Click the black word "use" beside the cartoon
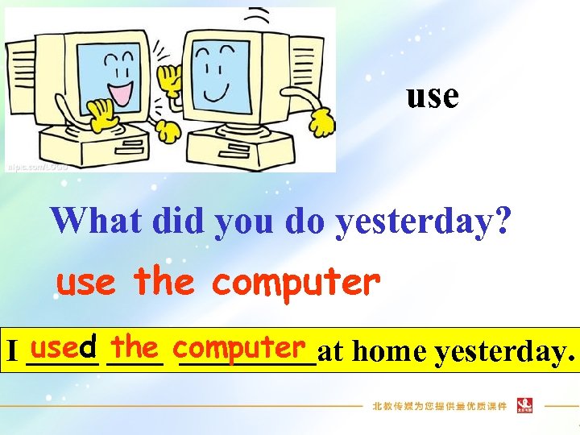click(433, 97)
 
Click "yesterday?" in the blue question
click(422, 221)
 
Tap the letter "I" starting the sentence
click(11, 352)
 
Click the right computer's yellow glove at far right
click(321, 122)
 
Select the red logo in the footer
click(524, 405)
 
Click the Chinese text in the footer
click(439, 406)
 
